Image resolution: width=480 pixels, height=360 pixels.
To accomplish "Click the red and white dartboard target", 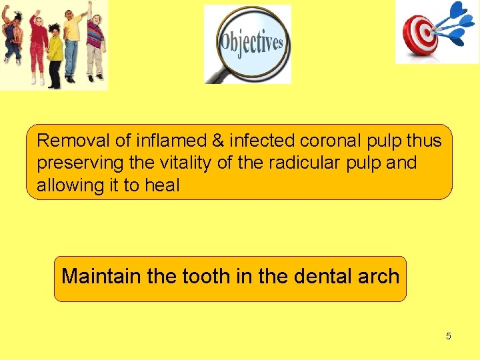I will pyautogui.click(x=420, y=35).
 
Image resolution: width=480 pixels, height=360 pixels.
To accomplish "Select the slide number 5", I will pyautogui.click(x=448, y=336).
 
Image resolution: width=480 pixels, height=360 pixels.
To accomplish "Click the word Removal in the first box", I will pyautogui.click(x=67, y=141).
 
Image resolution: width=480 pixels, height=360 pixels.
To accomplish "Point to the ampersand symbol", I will pyautogui.click(x=217, y=141).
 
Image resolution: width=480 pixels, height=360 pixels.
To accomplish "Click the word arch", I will pyautogui.click(x=379, y=276).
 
